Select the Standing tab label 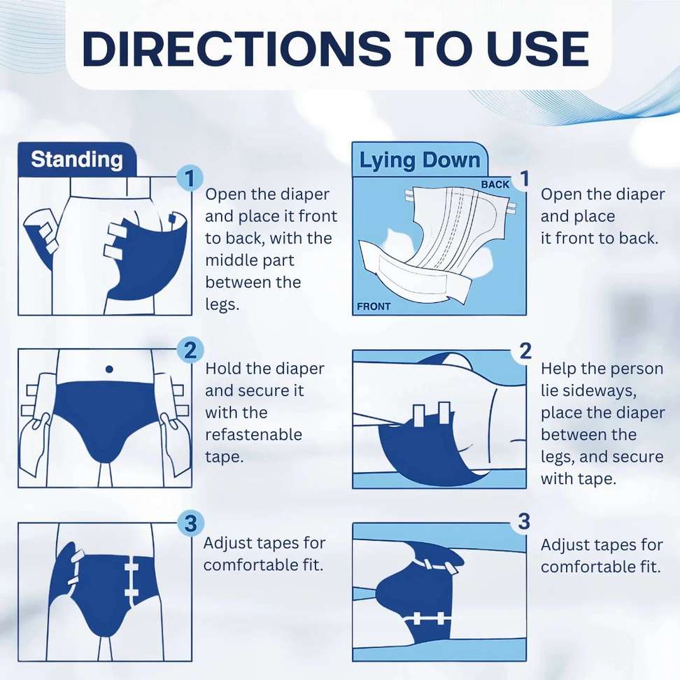pyautogui.click(x=77, y=160)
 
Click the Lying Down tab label pyautogui.click(x=420, y=160)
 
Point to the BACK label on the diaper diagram pyautogui.click(x=495, y=184)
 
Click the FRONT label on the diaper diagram pyautogui.click(x=374, y=306)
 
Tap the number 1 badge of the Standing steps pyautogui.click(x=190, y=178)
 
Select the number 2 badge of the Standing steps pyautogui.click(x=190, y=350)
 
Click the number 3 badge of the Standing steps pyautogui.click(x=190, y=523)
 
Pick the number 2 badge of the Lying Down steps pyautogui.click(x=525, y=350)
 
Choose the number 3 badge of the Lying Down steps pyautogui.click(x=524, y=522)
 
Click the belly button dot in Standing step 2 pyautogui.click(x=109, y=369)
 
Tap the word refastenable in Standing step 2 pyautogui.click(x=254, y=434)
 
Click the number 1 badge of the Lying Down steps pyautogui.click(x=524, y=178)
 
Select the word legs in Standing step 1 pyautogui.click(x=221, y=305)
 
